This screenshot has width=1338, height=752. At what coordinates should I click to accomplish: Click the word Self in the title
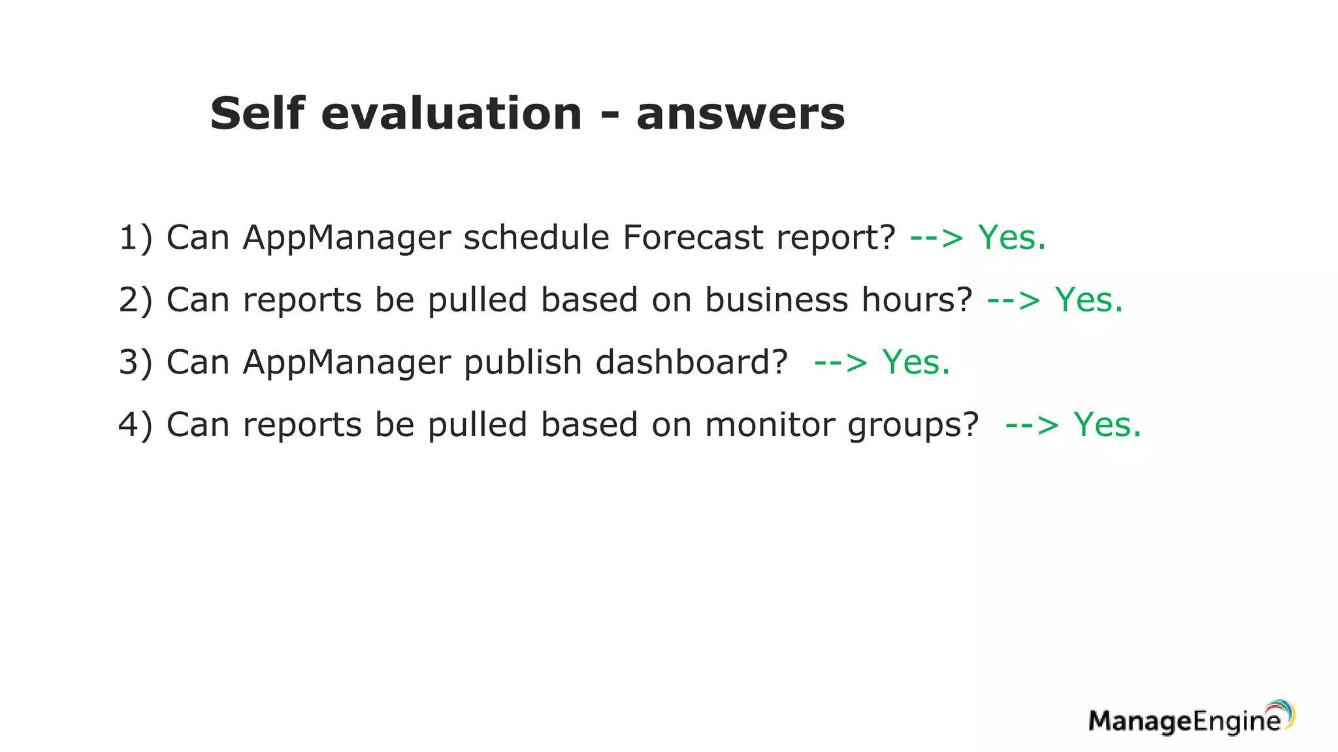pos(257,114)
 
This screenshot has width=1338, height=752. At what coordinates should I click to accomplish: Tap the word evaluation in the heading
pos(451,114)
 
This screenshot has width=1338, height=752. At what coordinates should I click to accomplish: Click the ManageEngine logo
pos(1191,719)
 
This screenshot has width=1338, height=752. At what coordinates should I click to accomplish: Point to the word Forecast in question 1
pos(693,237)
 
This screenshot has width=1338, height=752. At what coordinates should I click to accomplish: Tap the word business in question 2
pos(775,300)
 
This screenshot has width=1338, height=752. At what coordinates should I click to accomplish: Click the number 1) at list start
pos(135,237)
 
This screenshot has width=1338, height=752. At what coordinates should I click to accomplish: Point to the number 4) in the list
pos(135,424)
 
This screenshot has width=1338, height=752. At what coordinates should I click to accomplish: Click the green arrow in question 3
pos(840,363)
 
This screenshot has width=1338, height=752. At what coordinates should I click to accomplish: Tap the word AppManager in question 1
pos(346,237)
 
